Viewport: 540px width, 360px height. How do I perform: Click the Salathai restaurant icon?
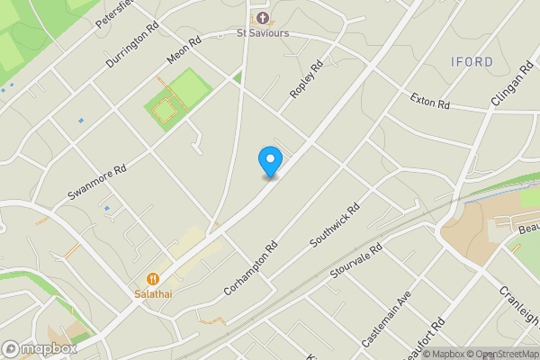[153, 280]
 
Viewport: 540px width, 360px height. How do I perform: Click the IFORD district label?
[472, 62]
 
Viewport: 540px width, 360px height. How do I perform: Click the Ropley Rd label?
[306, 80]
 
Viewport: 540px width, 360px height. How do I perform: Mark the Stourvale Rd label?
[357, 265]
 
